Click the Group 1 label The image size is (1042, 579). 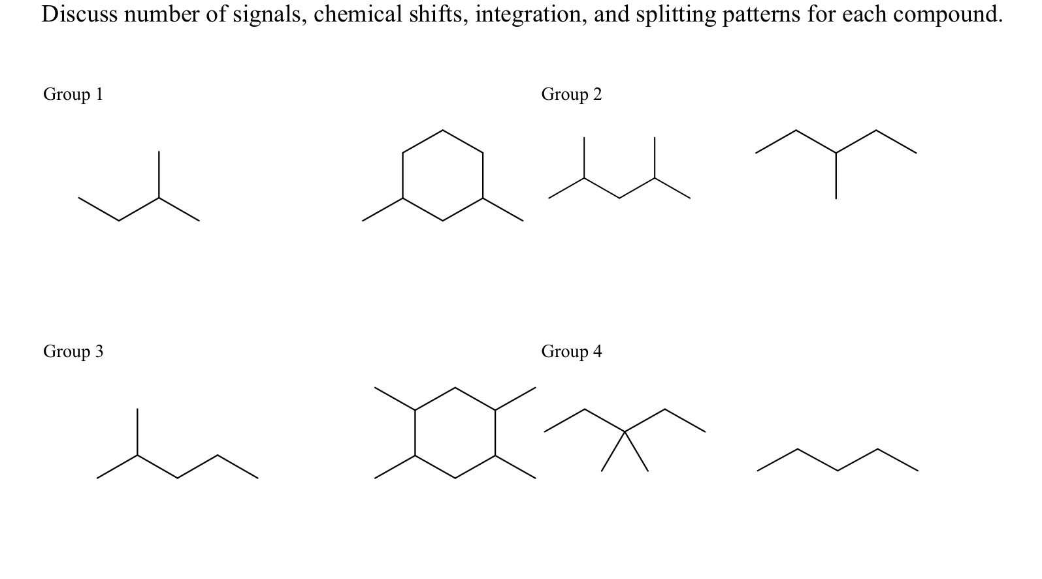click(x=73, y=95)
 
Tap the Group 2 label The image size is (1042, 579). click(x=571, y=95)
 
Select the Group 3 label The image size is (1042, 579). click(x=73, y=352)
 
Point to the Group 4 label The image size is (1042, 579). click(x=571, y=352)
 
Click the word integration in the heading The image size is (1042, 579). click(x=531, y=14)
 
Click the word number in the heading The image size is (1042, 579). click(x=162, y=14)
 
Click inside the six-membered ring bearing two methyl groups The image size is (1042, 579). click(x=443, y=175)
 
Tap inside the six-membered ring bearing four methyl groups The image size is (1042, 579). click(x=455, y=433)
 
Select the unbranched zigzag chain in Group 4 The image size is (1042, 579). click(x=838, y=460)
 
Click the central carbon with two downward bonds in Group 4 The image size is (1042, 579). click(x=625, y=431)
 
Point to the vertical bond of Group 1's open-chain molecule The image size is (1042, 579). click(x=159, y=175)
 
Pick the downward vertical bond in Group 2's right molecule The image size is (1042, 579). click(x=836, y=176)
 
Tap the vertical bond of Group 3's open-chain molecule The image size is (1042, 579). click(x=137, y=432)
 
